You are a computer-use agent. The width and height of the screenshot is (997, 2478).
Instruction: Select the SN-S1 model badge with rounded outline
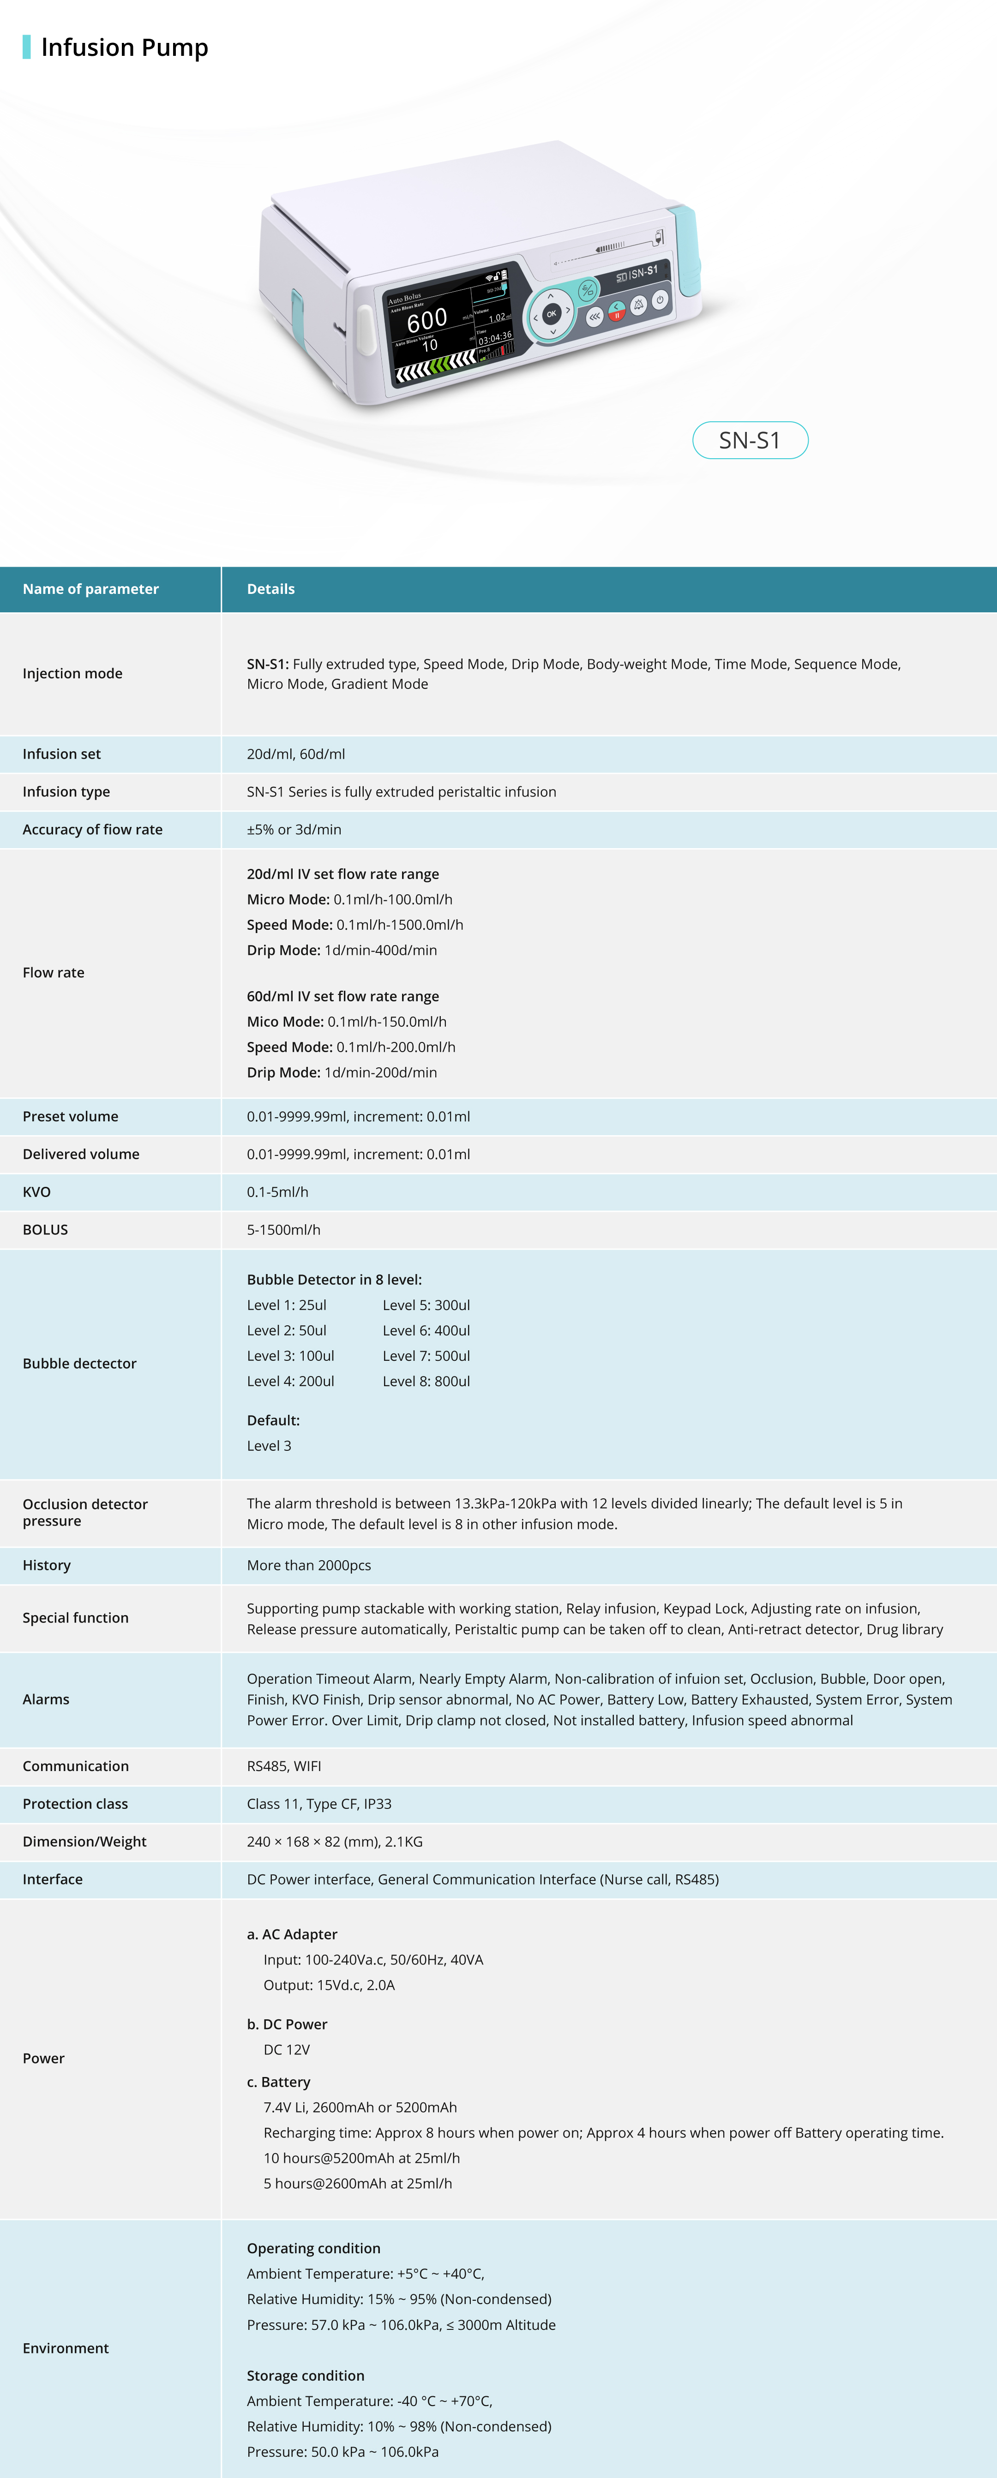click(x=750, y=441)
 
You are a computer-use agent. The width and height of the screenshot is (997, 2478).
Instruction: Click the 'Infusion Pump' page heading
click(x=124, y=47)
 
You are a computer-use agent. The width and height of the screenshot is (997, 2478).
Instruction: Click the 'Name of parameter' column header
click(x=90, y=589)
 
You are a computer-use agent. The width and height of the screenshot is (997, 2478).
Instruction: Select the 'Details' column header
click(x=270, y=589)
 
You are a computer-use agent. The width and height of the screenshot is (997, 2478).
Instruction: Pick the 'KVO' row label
click(x=36, y=1192)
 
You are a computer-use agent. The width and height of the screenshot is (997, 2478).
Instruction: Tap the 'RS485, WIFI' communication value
click(x=284, y=1766)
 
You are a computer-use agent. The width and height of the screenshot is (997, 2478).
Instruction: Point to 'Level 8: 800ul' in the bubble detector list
click(x=426, y=1382)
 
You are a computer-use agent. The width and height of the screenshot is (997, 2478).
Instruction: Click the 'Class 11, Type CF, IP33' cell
click(x=318, y=1804)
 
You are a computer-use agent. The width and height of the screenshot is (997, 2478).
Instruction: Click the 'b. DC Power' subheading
click(x=287, y=2024)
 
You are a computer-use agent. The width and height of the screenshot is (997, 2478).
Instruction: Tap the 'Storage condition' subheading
click(x=305, y=2375)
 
